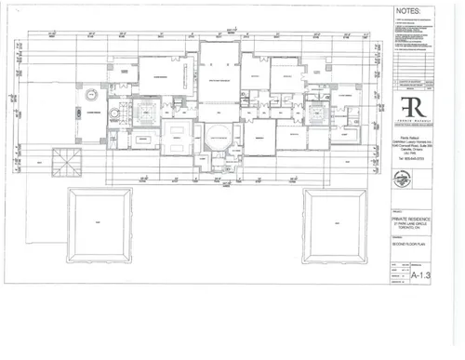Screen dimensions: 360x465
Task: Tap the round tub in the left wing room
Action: coord(91,96)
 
